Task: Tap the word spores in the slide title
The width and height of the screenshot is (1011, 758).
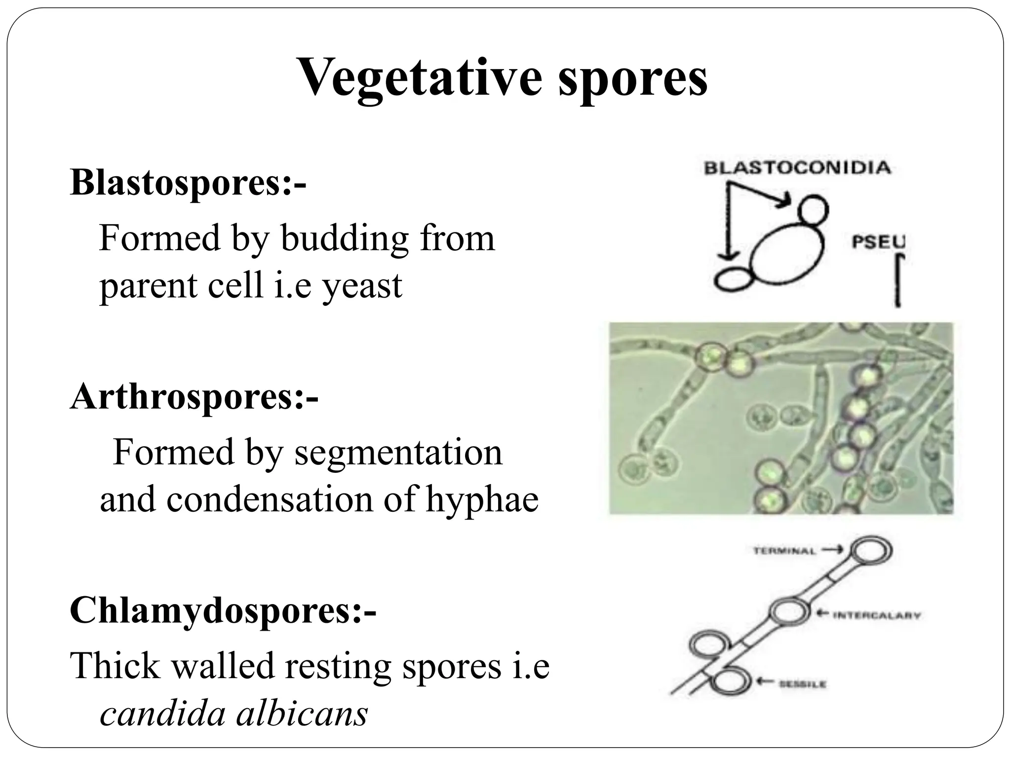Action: pyautogui.click(x=633, y=79)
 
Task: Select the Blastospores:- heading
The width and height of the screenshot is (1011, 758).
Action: pyautogui.click(x=188, y=182)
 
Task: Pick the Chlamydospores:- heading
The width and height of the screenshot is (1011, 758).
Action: pyautogui.click(x=223, y=610)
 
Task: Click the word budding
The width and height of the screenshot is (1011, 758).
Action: pyautogui.click(x=345, y=238)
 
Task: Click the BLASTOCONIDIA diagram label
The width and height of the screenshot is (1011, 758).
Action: pyautogui.click(x=797, y=168)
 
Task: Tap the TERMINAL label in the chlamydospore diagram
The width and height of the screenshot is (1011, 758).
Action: pyautogui.click(x=785, y=551)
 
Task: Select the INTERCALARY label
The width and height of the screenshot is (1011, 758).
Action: pyautogui.click(x=877, y=615)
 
